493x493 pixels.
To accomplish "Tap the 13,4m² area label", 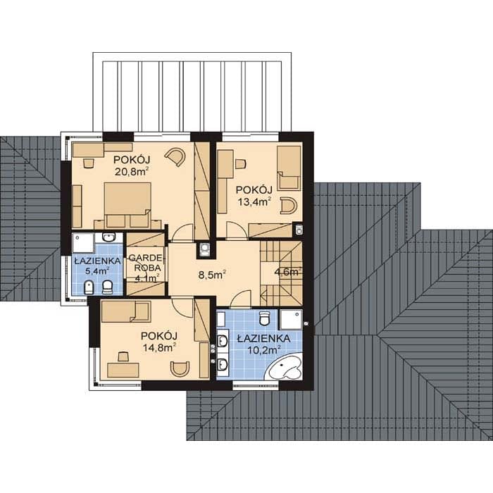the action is [254, 201].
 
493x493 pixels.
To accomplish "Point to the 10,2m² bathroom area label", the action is [264, 350].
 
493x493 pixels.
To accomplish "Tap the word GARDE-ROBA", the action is [146, 263].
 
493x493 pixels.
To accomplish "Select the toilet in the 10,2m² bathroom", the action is [265, 318].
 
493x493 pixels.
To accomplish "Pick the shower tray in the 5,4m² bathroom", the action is [82, 242].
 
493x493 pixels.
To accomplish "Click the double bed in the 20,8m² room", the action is [127, 205].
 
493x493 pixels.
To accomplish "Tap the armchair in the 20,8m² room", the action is [175, 156].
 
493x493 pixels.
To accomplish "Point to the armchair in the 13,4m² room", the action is [288, 206].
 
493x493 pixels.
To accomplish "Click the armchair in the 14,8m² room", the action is [180, 368].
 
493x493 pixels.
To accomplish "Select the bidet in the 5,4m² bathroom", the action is [90, 287].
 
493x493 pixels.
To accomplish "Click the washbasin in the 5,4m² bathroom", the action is [108, 237].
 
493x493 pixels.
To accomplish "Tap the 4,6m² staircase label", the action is [287, 272].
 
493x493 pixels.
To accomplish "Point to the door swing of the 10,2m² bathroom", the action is [241, 299].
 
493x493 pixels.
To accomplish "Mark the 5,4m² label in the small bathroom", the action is [97, 270].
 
